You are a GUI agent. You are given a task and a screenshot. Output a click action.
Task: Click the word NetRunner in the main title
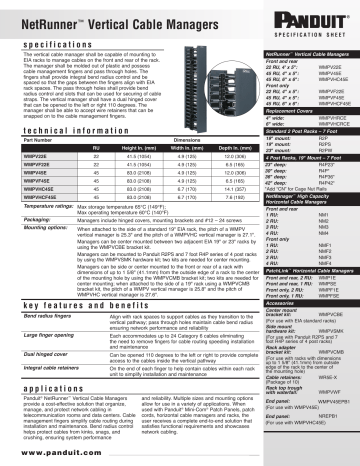pyautogui.click(x=43, y=17)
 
